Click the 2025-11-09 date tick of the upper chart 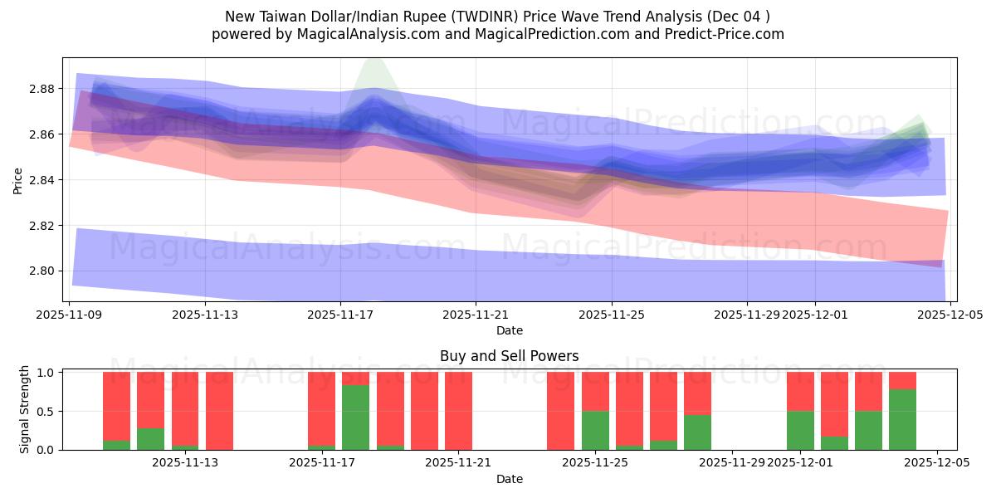69,315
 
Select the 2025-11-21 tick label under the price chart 476,315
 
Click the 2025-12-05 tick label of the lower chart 937,463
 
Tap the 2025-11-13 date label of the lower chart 184,463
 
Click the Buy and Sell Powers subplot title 509,356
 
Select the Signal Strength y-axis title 25,409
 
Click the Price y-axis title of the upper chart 17,179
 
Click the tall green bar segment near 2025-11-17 355,417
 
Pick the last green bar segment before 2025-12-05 902,419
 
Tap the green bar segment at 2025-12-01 800,430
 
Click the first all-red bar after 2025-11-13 219,411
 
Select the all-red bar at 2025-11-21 458,411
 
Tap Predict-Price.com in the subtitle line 725,34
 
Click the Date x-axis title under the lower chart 509,479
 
